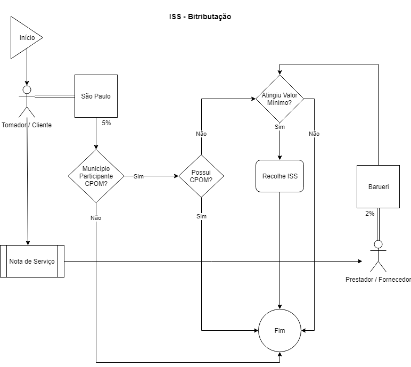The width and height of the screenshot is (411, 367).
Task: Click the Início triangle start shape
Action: (24, 37)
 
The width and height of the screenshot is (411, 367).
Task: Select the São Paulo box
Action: (96, 96)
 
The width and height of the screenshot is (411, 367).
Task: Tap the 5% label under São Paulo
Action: (106, 123)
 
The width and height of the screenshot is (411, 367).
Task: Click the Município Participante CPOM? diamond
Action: (96, 176)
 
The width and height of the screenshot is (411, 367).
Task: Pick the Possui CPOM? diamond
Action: (201, 176)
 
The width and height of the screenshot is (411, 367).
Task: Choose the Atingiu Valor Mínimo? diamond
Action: (280, 99)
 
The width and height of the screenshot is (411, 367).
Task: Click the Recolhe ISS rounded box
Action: (280, 176)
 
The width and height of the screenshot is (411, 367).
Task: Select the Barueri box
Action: (378, 186)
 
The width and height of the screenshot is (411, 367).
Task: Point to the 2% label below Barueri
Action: (369, 213)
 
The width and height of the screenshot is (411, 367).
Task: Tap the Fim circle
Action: (280, 330)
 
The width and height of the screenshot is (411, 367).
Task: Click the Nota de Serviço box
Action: (32, 261)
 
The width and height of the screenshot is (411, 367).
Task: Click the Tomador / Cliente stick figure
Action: (27, 101)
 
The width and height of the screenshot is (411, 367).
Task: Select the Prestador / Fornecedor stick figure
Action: (378, 257)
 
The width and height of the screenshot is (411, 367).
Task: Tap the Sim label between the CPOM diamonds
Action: (138, 176)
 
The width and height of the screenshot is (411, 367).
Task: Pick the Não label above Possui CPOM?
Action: (201, 134)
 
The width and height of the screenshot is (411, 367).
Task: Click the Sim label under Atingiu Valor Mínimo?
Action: (280, 127)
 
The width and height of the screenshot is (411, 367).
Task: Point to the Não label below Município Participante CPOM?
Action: (96, 218)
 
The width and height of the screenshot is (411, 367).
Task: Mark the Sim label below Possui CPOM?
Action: (201, 216)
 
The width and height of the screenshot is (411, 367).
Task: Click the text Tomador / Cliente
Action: (27, 125)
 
